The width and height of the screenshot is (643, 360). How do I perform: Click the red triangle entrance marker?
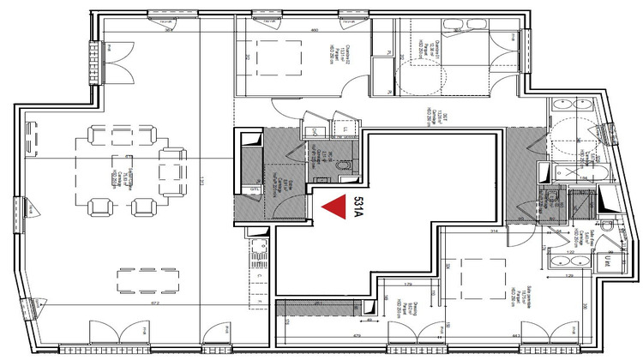coord(332,207)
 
